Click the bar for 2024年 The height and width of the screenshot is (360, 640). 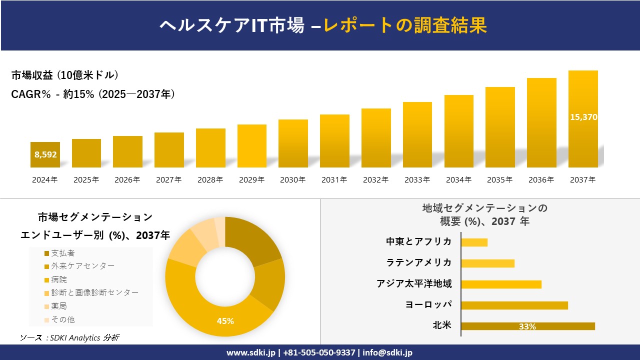(45, 155)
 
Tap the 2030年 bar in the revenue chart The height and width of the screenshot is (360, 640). (293, 143)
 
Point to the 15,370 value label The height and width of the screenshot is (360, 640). (583, 117)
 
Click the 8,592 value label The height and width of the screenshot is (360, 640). (45, 154)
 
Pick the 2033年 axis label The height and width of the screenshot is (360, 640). (417, 180)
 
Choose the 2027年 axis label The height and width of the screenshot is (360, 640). (168, 180)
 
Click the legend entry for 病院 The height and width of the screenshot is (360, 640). (58, 279)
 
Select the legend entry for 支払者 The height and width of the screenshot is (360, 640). (62, 253)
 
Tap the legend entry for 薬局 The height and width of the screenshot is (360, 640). (58, 306)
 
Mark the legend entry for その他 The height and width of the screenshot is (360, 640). (62, 319)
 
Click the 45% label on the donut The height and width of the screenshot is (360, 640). (225, 321)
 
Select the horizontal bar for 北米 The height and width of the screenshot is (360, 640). (527, 326)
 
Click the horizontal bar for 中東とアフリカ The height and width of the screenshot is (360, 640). (474, 242)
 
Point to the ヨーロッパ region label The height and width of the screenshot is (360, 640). (428, 304)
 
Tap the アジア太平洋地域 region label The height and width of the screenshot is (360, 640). (414, 283)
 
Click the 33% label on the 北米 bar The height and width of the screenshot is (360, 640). (527, 326)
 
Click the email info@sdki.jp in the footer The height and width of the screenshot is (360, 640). (388, 352)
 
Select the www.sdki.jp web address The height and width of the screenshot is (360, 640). (251, 352)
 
